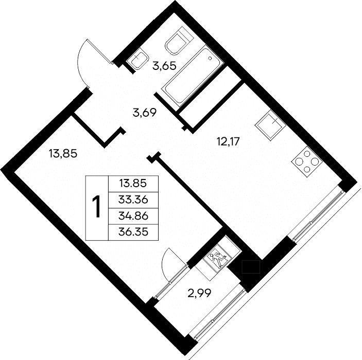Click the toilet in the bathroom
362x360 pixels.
coord(179,41)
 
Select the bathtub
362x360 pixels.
coord(192,75)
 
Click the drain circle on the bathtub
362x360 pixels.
coord(210,58)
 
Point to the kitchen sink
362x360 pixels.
coord(270,125)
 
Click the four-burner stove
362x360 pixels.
coord(307,161)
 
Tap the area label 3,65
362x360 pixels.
coord(164,66)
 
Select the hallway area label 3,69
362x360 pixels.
coord(145,113)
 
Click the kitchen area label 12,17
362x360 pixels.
coord(228,141)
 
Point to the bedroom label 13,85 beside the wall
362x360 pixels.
coord(63,153)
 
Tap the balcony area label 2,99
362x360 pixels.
coord(199,293)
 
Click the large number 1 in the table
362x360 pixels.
coord(96,206)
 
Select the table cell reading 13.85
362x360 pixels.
coord(133,184)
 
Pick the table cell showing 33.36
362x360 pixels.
coord(133,200)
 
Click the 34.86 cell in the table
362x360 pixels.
coord(133,216)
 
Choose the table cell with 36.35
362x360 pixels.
coord(133,232)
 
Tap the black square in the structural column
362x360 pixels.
coord(251,267)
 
